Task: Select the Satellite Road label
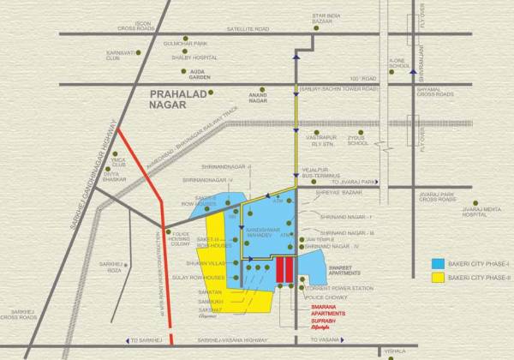coord(245,27)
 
